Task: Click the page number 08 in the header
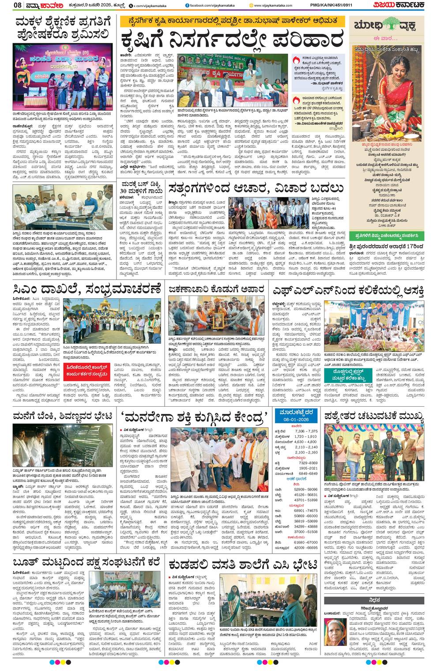18,5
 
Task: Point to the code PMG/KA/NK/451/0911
336,5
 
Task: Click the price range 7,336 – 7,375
306,431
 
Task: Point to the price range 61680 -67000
306,542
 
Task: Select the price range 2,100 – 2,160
306,452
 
